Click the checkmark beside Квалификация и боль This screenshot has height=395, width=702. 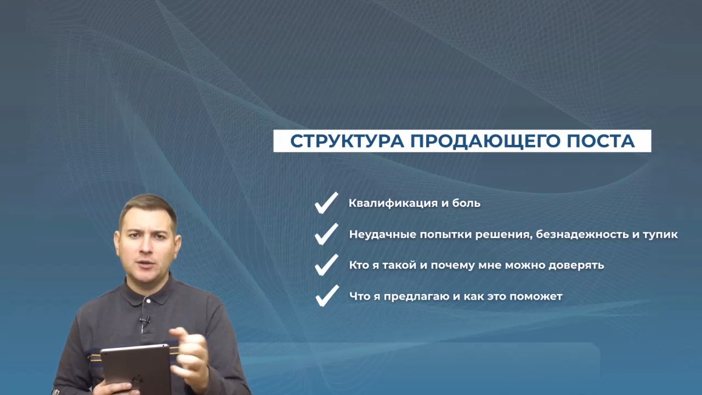tap(326, 203)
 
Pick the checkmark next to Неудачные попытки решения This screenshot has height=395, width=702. tap(326, 234)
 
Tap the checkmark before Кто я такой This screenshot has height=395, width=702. tap(326, 265)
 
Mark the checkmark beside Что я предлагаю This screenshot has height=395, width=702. tap(327, 296)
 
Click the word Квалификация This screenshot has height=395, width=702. tap(393, 203)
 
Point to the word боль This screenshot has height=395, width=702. tap(466, 203)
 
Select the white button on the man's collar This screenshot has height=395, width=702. tap(148, 301)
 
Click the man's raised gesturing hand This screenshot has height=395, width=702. tap(190, 354)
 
